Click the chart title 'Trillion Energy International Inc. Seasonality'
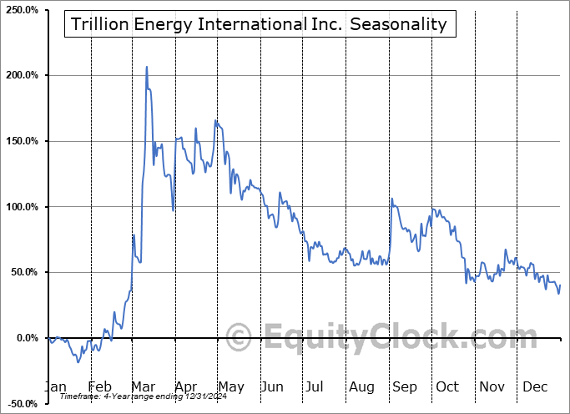point(259,24)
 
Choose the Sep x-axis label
point(405,387)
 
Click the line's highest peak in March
point(147,67)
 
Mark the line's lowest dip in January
point(78,362)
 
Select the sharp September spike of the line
point(391,199)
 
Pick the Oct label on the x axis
point(447,387)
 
